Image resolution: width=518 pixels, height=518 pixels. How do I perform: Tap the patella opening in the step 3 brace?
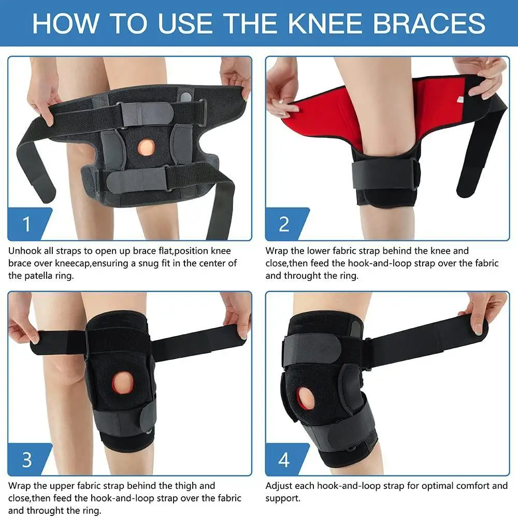123,383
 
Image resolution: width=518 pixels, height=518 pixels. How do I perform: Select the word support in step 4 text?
282,499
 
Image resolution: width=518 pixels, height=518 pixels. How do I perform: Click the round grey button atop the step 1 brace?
186,97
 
